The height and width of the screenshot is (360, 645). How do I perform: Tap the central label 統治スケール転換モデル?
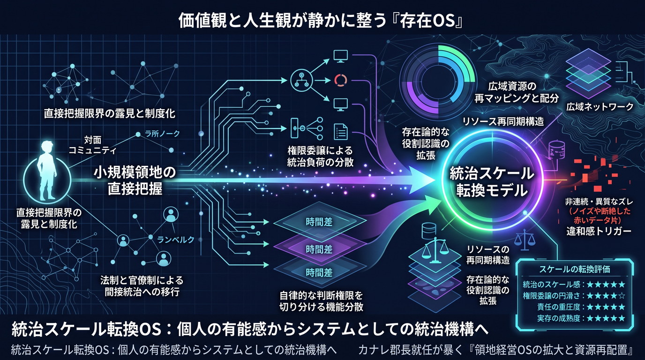(x=492, y=181)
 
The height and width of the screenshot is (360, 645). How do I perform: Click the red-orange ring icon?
(x=341, y=80)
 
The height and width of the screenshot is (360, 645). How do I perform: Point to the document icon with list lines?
(x=341, y=132)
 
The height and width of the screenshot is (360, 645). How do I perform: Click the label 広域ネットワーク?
(x=600, y=107)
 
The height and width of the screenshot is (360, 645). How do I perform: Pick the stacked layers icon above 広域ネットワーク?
(x=588, y=74)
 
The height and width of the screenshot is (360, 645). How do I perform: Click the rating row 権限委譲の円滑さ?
(x=574, y=296)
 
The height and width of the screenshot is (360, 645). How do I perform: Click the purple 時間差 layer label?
(x=319, y=249)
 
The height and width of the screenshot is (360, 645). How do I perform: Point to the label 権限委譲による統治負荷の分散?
(x=320, y=156)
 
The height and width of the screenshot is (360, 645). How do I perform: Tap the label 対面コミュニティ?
(x=92, y=145)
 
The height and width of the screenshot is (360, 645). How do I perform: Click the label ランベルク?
(x=176, y=240)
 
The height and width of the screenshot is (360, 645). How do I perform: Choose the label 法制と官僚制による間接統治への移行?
(x=142, y=286)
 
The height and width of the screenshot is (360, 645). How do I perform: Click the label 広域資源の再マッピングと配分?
(x=516, y=92)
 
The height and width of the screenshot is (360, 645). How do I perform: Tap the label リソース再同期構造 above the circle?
(x=503, y=121)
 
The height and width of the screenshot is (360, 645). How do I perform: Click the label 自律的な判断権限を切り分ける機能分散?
(x=322, y=301)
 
